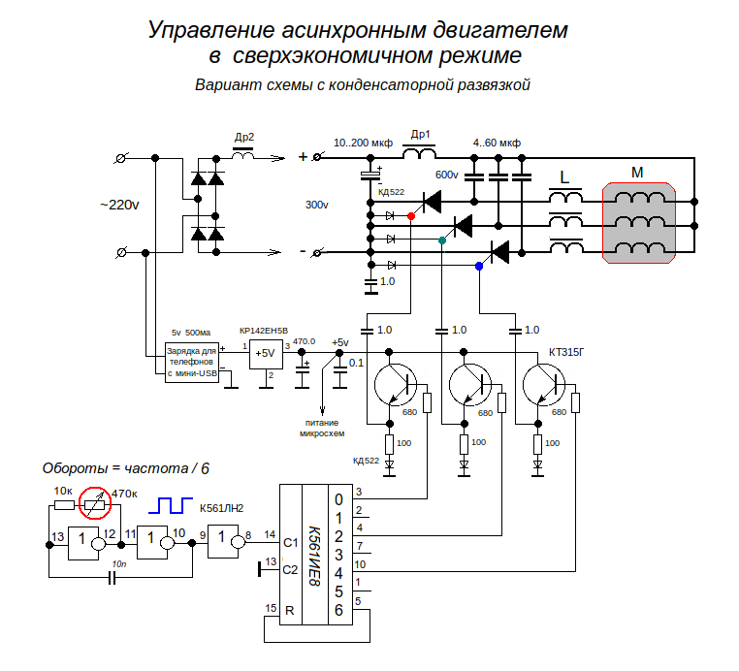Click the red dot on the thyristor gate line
pos(412,215)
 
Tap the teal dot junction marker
pos(442,240)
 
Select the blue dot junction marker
pos(478,265)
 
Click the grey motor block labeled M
pos(637,224)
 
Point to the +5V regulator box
pos(264,355)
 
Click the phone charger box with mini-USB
pos(191,361)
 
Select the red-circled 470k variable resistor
pos(94,501)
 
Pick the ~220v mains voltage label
pos(119,205)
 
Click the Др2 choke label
pos(243,137)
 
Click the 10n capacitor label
pos(119,563)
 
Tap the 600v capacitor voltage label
pos(446,176)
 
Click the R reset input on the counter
pos(290,610)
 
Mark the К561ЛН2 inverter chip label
pos(221,507)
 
